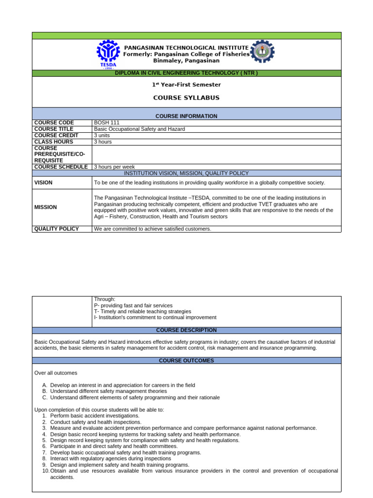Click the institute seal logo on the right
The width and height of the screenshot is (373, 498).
pos(262,52)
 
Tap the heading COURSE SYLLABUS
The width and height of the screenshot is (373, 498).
pos(186,98)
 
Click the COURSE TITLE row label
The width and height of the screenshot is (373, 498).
pos(53,129)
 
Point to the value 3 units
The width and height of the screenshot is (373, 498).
pos(102,136)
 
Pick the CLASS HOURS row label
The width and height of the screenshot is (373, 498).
pos(53,142)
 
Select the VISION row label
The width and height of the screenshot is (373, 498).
pos(43,183)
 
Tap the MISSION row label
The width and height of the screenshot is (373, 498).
pos(45,207)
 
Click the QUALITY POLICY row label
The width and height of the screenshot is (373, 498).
pos(56,229)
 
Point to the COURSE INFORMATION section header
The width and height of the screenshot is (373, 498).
pos(186,116)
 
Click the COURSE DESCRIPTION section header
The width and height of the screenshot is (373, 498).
pos(186,330)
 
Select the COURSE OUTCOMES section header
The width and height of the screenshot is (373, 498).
pos(186,361)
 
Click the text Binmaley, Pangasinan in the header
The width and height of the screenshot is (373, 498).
pos(186,61)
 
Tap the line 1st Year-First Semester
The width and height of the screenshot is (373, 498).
pos(186,85)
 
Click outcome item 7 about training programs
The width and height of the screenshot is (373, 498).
pos(125,452)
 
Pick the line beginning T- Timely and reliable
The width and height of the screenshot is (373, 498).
pos(142,311)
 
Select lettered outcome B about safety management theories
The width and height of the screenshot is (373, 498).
pos(108,391)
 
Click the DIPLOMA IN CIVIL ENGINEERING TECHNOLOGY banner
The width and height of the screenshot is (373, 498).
pos(186,73)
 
